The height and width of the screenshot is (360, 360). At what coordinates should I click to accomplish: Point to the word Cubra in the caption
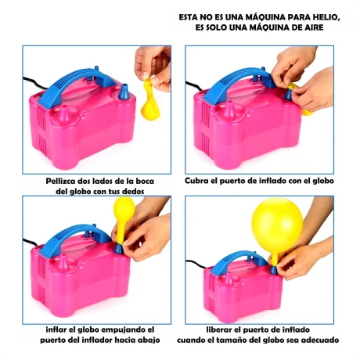(196, 181)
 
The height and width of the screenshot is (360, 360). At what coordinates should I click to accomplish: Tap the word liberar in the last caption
(218, 329)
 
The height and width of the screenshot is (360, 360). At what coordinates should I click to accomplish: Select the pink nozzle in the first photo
(63, 113)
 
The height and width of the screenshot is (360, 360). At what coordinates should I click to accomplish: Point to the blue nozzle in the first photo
(124, 92)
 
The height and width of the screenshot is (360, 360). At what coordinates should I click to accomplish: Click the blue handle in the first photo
(78, 84)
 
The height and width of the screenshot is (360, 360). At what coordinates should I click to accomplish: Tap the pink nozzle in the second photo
(230, 109)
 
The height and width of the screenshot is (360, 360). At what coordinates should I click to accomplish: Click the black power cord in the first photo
(34, 83)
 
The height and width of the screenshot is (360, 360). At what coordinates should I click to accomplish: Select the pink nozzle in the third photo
(63, 262)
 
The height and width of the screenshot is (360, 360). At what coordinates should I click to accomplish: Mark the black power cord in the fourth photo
(196, 264)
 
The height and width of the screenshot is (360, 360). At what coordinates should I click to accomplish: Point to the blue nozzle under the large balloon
(273, 270)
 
